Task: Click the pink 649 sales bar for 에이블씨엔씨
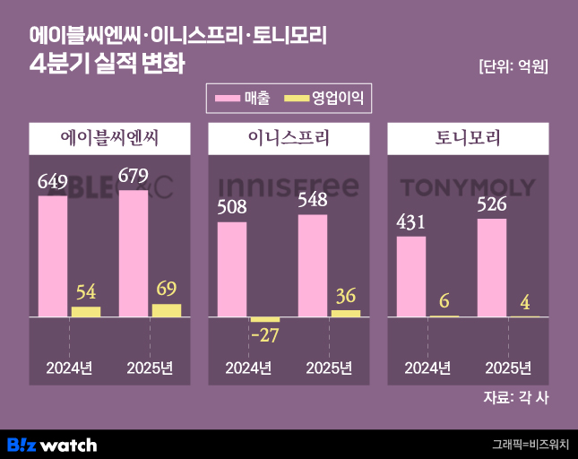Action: (x=53, y=255)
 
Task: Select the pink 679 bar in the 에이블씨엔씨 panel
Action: (x=134, y=253)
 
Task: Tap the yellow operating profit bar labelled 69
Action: (x=167, y=310)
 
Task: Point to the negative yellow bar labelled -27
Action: (x=264, y=319)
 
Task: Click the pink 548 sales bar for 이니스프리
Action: (x=313, y=265)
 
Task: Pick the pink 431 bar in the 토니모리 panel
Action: (x=411, y=276)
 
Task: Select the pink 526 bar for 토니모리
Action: (x=492, y=267)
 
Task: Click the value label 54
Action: (x=86, y=292)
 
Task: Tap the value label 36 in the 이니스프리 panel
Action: (x=346, y=295)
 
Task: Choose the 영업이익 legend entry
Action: (x=324, y=96)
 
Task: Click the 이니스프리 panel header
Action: (x=289, y=138)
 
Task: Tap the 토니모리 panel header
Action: (x=468, y=138)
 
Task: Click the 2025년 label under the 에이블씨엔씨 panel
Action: (x=150, y=368)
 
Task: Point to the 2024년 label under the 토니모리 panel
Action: (x=427, y=368)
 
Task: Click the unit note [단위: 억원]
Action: (x=513, y=66)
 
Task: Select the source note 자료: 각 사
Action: (x=515, y=397)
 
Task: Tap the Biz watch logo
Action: (x=52, y=445)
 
